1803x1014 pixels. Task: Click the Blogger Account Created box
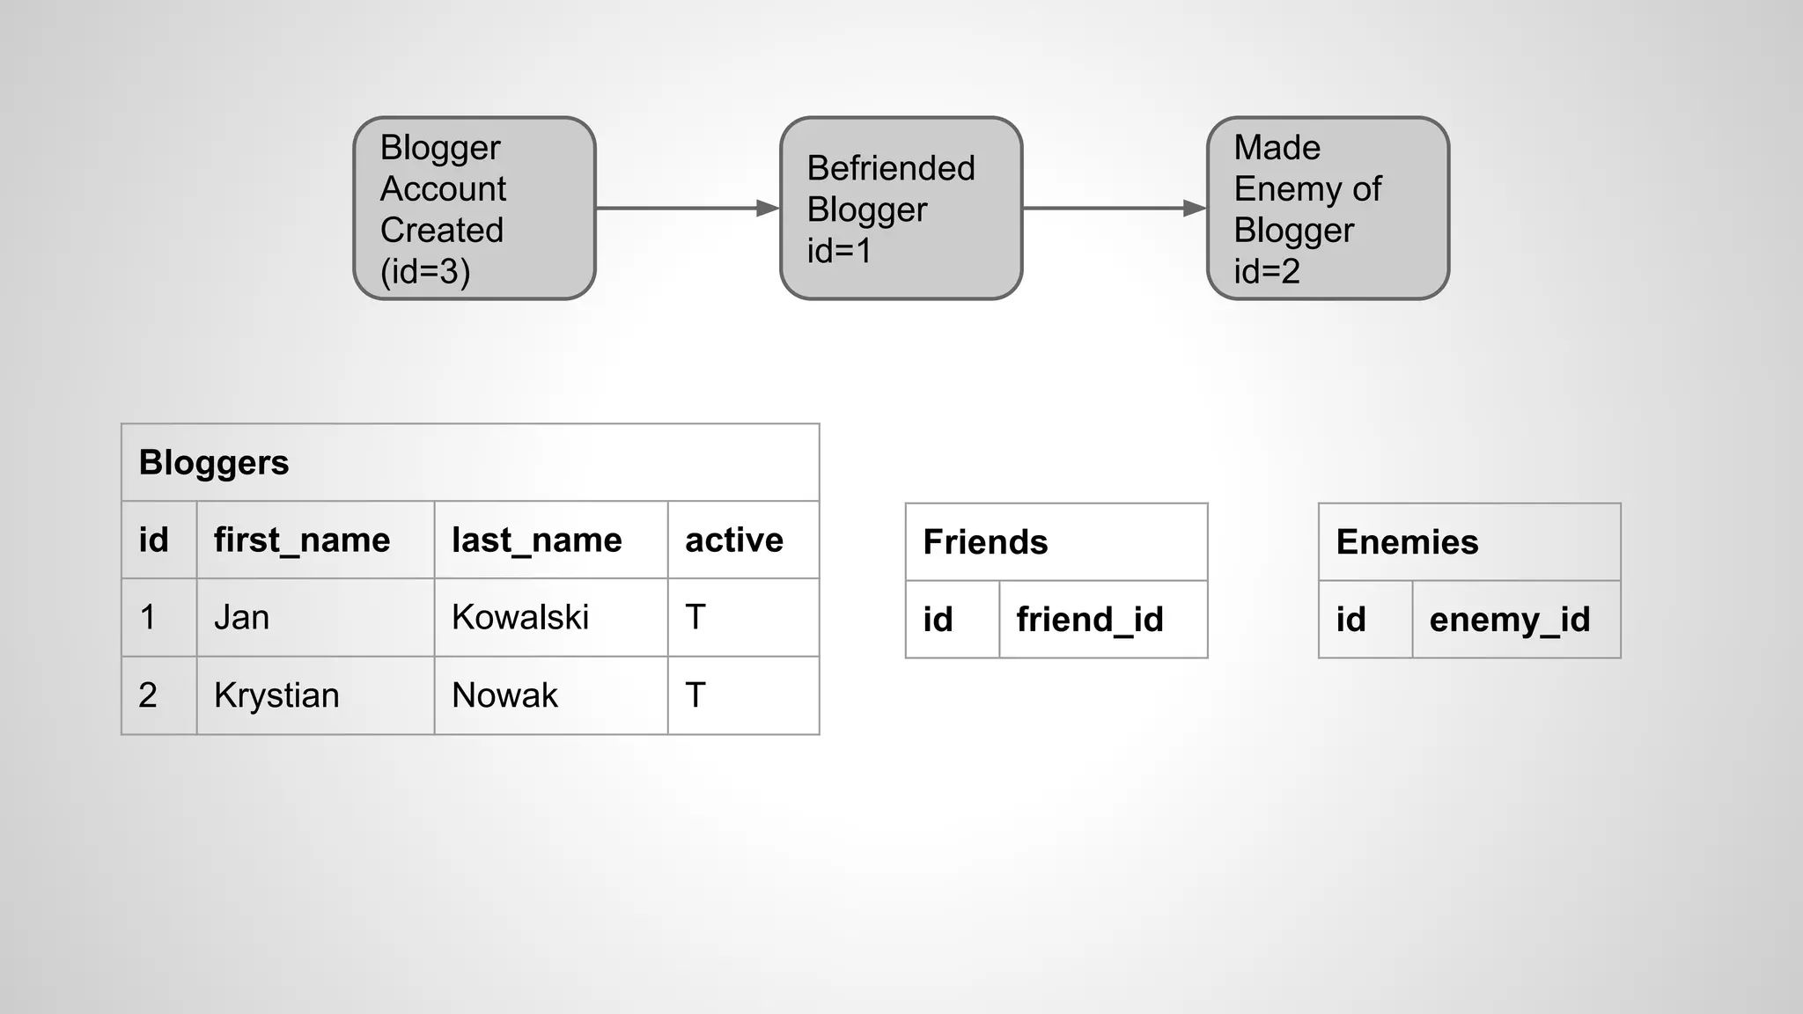474,209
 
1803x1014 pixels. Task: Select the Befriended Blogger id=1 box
901,209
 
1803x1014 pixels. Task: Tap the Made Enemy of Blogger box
1328,209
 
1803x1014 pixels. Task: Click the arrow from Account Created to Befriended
687,209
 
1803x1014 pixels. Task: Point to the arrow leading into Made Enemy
1114,209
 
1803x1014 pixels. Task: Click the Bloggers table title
214,463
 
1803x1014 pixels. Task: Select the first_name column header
302,540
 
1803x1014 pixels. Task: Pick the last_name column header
537,540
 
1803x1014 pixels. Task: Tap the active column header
734,540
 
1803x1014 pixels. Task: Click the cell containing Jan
242,617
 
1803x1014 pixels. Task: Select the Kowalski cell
520,617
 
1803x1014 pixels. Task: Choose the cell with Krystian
276,695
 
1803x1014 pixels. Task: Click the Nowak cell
504,695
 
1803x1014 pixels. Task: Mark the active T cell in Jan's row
695,617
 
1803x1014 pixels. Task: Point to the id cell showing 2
148,695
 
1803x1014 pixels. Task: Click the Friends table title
985,542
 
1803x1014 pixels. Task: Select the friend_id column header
1090,620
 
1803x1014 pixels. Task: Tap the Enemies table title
1407,542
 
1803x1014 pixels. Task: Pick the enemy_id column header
1510,620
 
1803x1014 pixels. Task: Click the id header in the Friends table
938,620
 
